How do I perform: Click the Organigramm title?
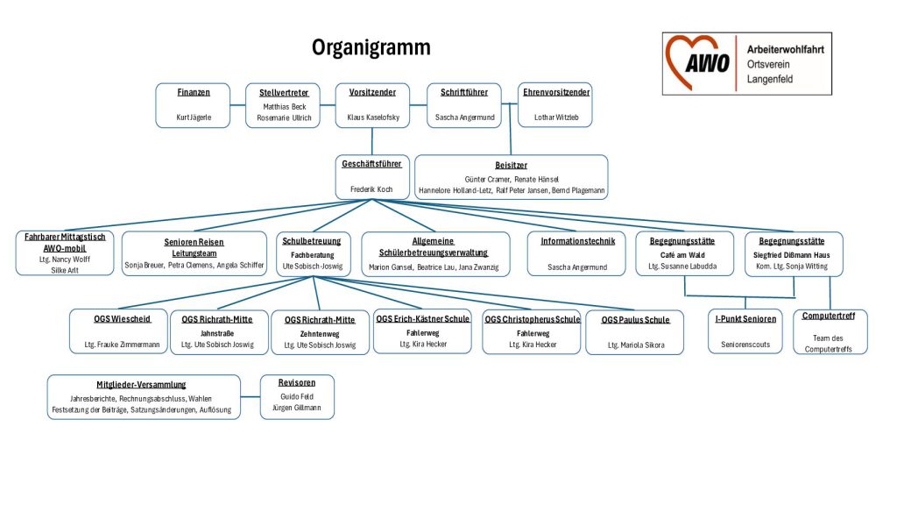coord(371,47)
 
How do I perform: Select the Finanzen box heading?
coord(194,92)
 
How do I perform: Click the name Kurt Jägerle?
coord(194,117)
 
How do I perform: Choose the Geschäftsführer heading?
coord(372,163)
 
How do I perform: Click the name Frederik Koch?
coord(372,188)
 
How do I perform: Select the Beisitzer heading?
coord(511,165)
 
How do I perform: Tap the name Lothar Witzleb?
coord(556,117)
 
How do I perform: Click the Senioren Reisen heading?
coord(194,242)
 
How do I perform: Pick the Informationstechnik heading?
coord(577,241)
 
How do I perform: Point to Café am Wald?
coord(683,254)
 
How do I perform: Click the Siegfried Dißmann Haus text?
coord(794,254)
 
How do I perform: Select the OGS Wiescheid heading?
coord(123,318)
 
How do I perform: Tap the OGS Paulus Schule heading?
coord(635,319)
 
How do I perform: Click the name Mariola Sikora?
coord(635,345)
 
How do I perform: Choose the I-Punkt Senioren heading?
coord(745,318)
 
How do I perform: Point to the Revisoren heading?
coord(298,382)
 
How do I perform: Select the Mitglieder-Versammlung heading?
coord(143,384)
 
